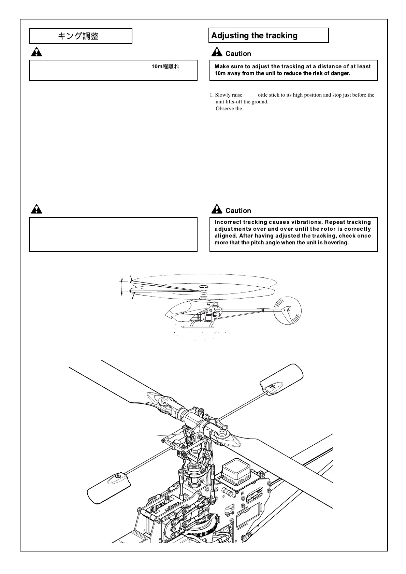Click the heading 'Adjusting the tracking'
pyautogui.click(x=254, y=35)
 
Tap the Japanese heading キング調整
pyautogui.click(x=78, y=36)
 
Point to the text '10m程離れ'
pyautogui.click(x=165, y=66)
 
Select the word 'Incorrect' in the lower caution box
pyautogui.click(x=228, y=222)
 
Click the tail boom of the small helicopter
pyautogui.click(x=249, y=311)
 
